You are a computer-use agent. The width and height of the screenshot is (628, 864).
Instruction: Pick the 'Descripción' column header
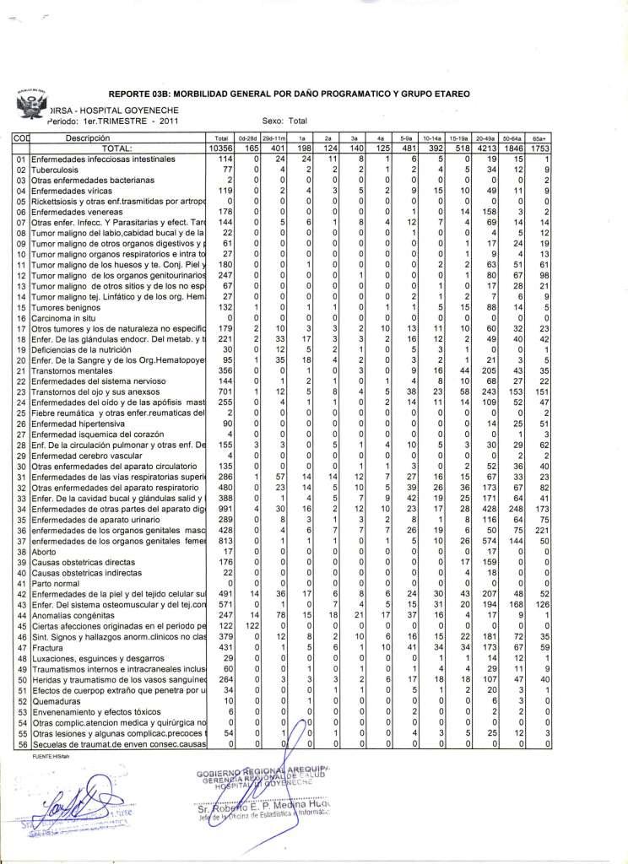(x=89, y=137)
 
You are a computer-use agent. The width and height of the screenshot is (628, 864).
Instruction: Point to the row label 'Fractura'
(x=47, y=648)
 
